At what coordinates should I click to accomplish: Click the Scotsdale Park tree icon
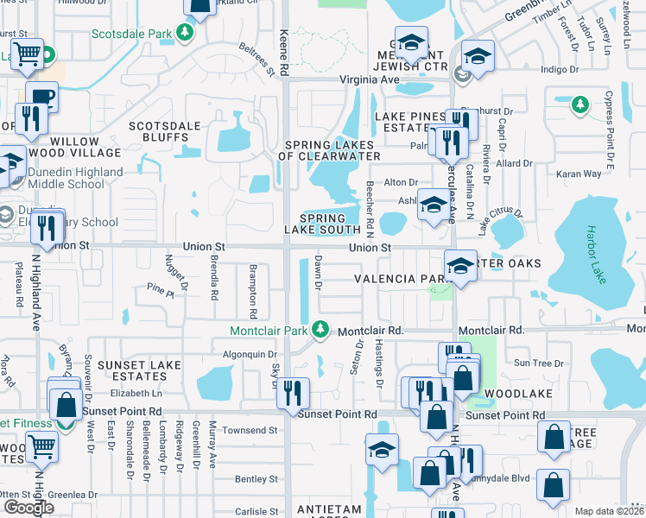coord(184,33)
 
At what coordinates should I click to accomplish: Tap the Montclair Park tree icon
coord(320,330)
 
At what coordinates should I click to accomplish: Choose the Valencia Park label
coord(402,279)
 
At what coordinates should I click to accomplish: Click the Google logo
coord(28,508)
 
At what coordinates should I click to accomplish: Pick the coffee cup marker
coord(41,96)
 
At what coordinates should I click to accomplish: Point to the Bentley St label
coord(256,478)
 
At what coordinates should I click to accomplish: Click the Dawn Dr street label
coord(318,272)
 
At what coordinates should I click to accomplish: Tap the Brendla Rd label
coord(212,276)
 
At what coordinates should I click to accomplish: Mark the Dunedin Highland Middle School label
coord(75,178)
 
